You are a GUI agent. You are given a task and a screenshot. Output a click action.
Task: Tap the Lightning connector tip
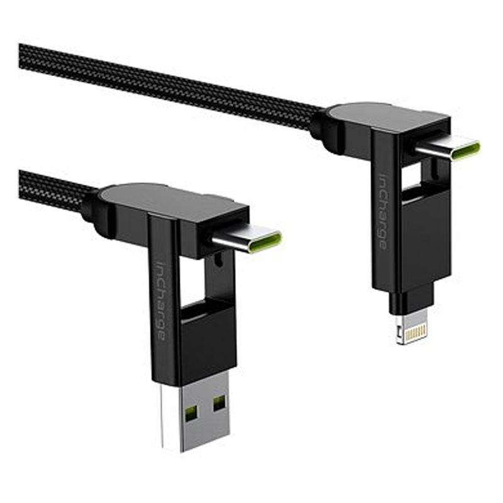pyautogui.click(x=412, y=324)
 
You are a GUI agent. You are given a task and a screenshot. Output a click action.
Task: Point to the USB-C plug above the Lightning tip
pyautogui.click(x=447, y=150)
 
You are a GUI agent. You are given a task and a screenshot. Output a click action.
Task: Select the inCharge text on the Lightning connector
pyautogui.click(x=382, y=211)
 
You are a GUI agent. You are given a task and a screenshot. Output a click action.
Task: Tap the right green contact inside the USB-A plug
pyautogui.click(x=219, y=403)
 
